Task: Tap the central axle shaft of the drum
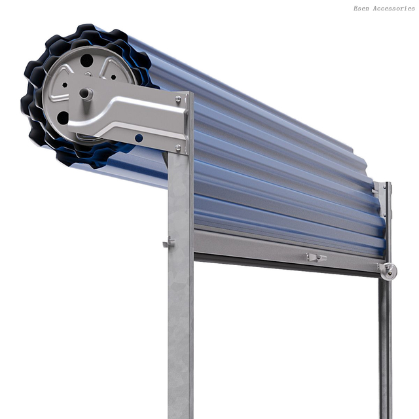tap(86, 94)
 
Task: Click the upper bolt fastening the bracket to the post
tap(178, 100)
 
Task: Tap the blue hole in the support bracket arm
tap(139, 138)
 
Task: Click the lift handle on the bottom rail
tap(316, 257)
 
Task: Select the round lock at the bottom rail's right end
tap(388, 270)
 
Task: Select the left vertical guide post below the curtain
tap(180, 327)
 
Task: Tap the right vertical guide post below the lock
tap(385, 347)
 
